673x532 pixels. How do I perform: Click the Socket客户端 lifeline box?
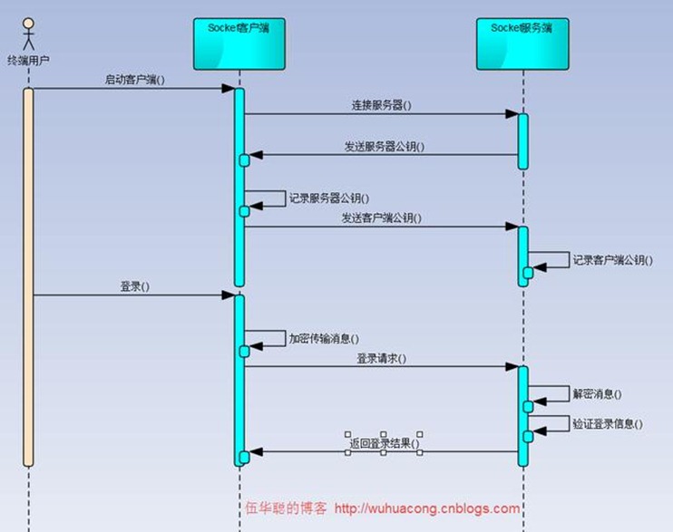(239, 44)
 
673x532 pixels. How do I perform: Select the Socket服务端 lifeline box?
(522, 44)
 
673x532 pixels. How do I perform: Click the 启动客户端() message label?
(134, 79)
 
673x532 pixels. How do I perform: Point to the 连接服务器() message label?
(381, 105)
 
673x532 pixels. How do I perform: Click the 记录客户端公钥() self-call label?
(611, 260)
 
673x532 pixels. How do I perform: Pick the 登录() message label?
(134, 285)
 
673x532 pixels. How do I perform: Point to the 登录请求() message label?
(381, 358)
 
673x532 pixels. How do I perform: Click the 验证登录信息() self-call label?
(607, 423)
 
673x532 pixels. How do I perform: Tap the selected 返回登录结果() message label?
(383, 444)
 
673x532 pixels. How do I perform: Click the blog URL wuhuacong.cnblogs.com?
(427, 509)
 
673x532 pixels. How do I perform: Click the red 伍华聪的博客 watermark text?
(287, 509)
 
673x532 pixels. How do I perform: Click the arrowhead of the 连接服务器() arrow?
(512, 114)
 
